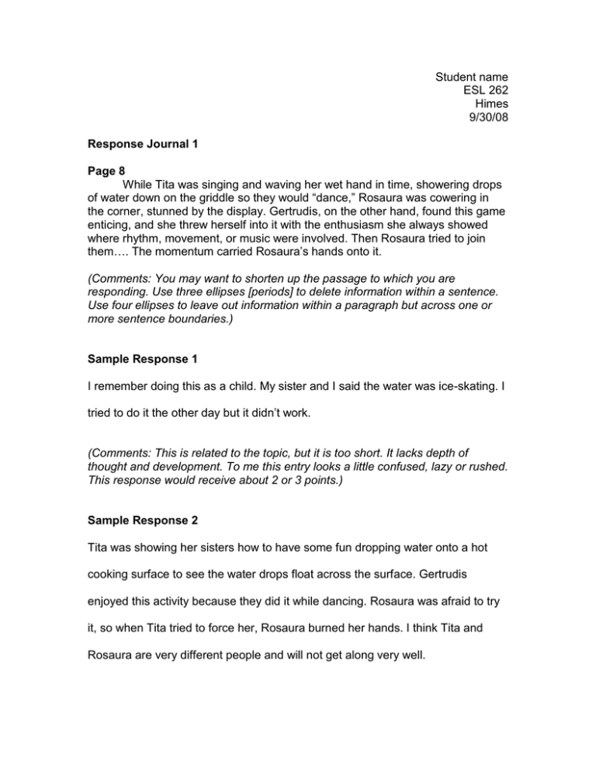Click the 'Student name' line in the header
[471, 77]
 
